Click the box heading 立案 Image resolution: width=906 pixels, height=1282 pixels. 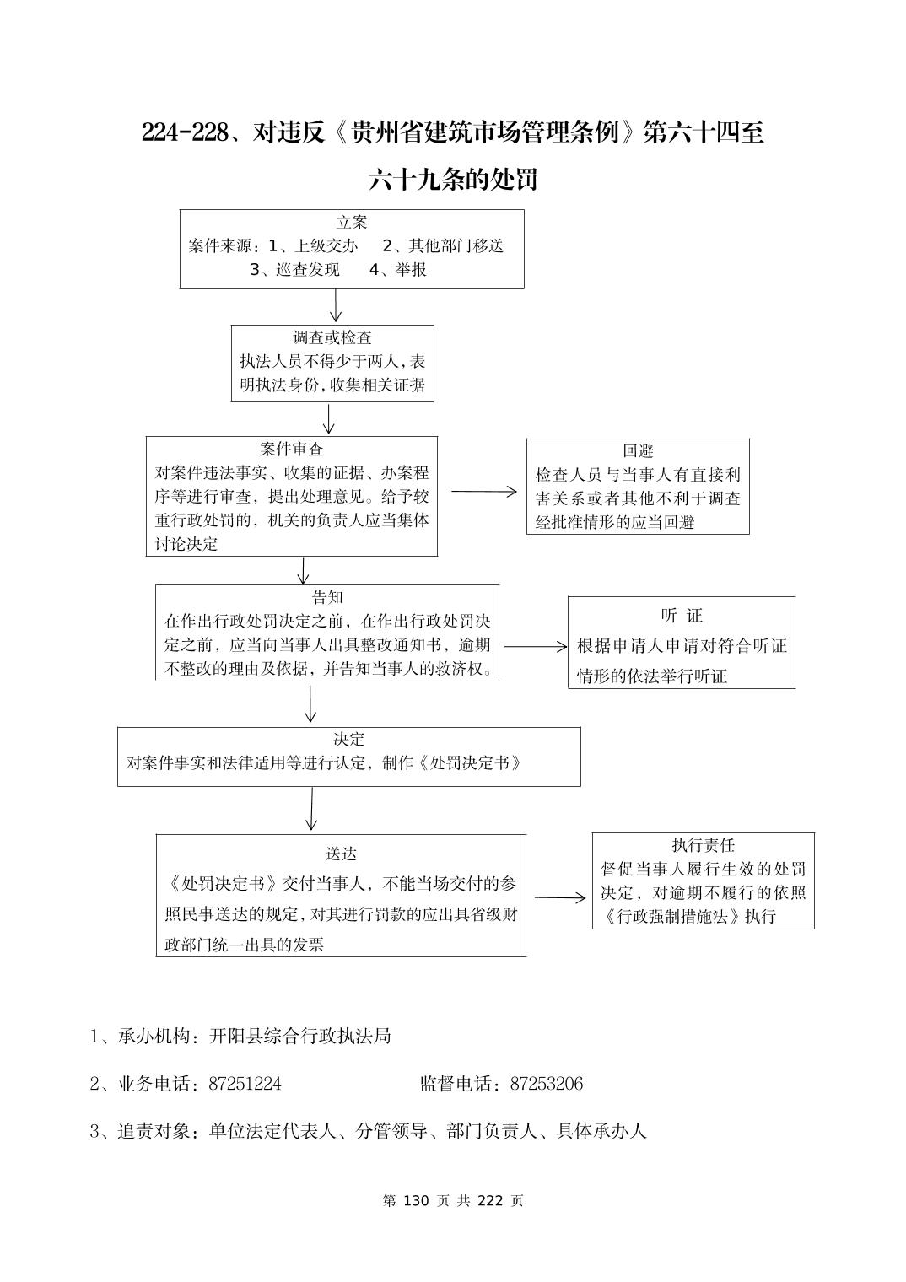(352, 223)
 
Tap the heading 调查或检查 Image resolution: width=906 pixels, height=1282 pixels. (332, 338)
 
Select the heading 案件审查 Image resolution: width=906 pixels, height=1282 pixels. (292, 450)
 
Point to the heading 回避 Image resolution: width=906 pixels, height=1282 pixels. (638, 451)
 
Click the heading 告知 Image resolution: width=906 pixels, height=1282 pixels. (327, 598)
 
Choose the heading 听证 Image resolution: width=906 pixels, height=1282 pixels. (682, 616)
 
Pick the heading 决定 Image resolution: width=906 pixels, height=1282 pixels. (348, 740)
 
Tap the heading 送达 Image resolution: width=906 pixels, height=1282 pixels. (341, 854)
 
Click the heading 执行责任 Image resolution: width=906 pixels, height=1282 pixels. (703, 845)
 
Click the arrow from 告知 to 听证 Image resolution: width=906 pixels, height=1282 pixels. (536, 647)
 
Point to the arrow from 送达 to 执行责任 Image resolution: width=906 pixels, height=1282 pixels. (559, 898)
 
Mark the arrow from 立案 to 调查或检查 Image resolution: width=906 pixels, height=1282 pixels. (336, 306)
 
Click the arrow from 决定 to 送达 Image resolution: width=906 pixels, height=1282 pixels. (311, 809)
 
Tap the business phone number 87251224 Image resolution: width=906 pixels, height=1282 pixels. (245, 1084)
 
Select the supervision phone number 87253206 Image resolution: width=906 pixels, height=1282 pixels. (546, 1084)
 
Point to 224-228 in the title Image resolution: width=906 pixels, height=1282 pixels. (185, 133)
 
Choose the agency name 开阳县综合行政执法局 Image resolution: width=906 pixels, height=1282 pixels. (299, 1037)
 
